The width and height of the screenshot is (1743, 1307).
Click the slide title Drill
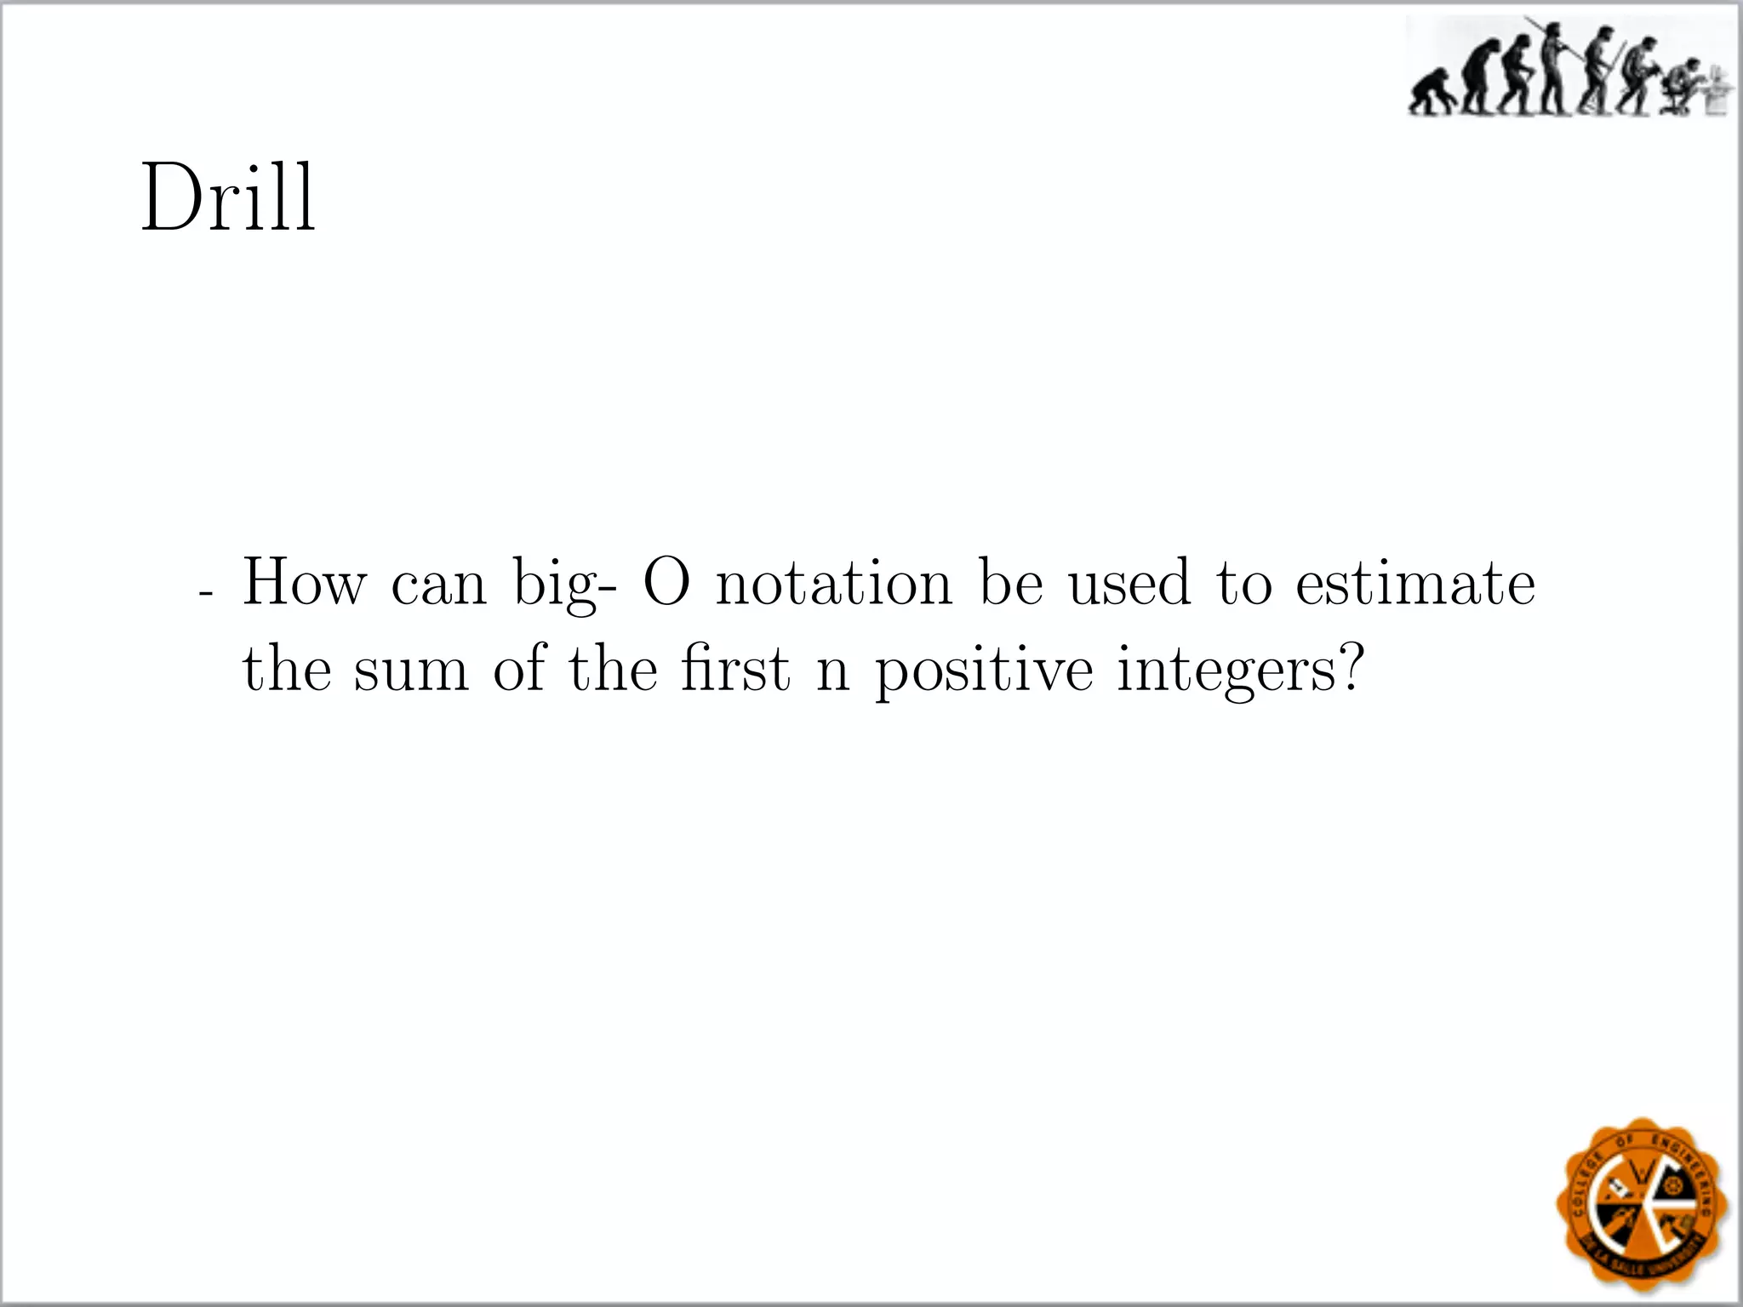228,197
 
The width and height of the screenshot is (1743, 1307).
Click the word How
305,583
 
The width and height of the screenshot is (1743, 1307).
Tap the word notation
834,583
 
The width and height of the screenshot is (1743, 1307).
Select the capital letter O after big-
666,583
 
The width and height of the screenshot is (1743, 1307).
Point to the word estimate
1415,583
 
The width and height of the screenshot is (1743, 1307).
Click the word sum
411,670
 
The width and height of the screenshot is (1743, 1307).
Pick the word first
736,670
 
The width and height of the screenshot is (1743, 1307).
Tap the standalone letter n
832,672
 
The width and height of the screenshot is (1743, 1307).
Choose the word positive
984,670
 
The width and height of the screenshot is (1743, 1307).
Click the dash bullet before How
204,592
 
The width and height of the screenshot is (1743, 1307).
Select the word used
1129,583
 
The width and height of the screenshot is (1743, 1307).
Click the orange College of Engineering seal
1640,1201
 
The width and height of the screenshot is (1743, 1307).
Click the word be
1010,583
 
